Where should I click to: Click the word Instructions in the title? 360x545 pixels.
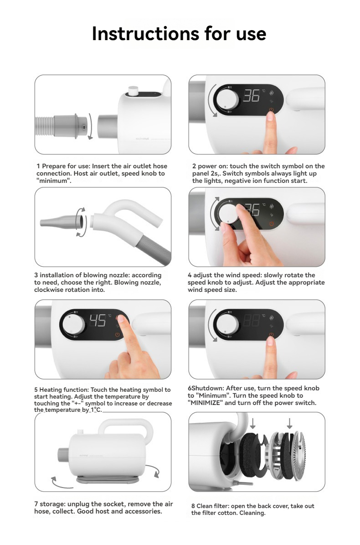(x=145, y=34)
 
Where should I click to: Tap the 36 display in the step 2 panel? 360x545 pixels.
(x=252, y=96)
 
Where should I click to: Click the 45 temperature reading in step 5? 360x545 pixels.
(x=98, y=320)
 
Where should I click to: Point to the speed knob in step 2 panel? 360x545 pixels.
(x=227, y=99)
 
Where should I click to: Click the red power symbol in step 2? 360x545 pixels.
(x=271, y=110)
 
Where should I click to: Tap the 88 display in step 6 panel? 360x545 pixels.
(x=252, y=320)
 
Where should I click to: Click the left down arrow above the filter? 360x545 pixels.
(x=253, y=423)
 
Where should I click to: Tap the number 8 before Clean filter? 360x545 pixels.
(x=193, y=506)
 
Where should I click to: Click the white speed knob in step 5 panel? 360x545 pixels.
(x=74, y=324)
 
